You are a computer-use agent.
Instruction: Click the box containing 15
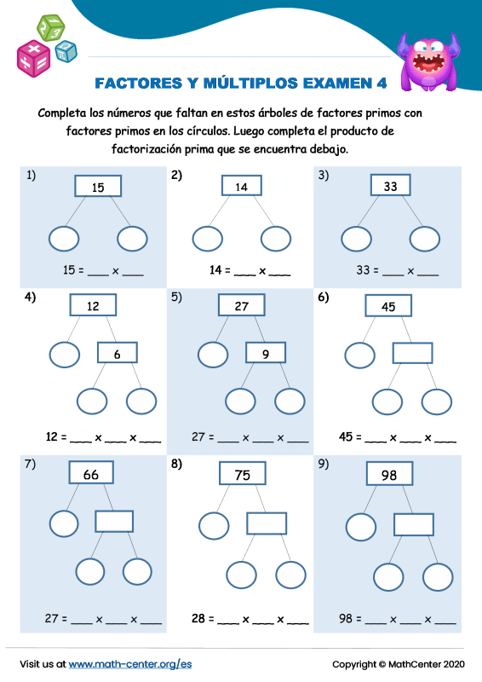coord(98,186)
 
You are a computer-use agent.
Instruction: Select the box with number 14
coord(241,186)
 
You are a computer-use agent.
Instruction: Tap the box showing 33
coord(390,186)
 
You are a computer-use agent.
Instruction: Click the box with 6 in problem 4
coord(117,353)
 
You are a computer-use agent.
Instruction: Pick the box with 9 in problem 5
coord(266,353)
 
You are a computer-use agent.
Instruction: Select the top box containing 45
coord(388,306)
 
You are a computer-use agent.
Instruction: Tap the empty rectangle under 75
coord(266,523)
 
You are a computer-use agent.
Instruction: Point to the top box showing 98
coord(389,474)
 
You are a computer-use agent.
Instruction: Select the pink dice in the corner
coord(34,58)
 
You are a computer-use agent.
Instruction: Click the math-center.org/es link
coord(130,663)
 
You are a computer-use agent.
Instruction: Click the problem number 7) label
coord(30,464)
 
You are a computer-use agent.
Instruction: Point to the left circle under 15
coord(64,239)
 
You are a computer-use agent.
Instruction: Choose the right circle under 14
coord(276,239)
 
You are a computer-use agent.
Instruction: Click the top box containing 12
coord(93,306)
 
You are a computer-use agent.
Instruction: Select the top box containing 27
coord(242,306)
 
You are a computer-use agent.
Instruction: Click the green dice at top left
coord(49,26)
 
